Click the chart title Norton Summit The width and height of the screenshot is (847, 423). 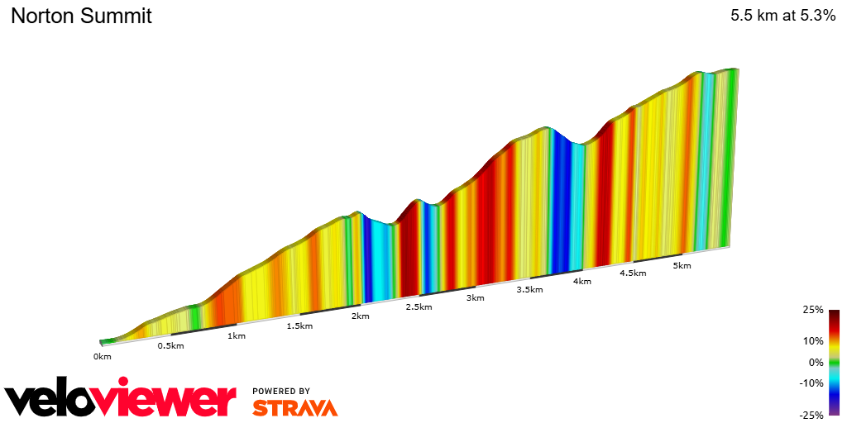click(81, 16)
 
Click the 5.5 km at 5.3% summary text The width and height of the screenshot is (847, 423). click(782, 16)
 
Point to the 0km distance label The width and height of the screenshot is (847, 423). click(102, 357)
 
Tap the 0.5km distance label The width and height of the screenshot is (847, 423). click(170, 345)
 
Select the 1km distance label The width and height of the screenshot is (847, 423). click(236, 335)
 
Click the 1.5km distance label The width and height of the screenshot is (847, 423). click(299, 326)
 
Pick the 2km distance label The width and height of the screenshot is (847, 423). click(360, 316)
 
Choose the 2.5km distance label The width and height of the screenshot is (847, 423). click(419, 307)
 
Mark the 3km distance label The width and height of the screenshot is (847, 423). click(475, 297)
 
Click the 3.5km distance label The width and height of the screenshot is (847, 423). click(529, 290)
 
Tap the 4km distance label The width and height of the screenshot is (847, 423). click(581, 281)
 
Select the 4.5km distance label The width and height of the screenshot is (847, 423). click(632, 273)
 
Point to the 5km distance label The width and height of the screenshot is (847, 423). click(682, 266)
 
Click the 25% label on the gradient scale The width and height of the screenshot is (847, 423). click(812, 310)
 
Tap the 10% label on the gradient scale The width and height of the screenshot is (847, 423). click(812, 340)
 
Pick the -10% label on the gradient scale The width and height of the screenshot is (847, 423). click(811, 383)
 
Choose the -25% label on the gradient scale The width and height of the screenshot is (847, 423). click(811, 415)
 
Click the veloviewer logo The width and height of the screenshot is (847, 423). click(121, 400)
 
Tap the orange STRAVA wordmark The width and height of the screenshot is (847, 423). click(294, 407)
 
